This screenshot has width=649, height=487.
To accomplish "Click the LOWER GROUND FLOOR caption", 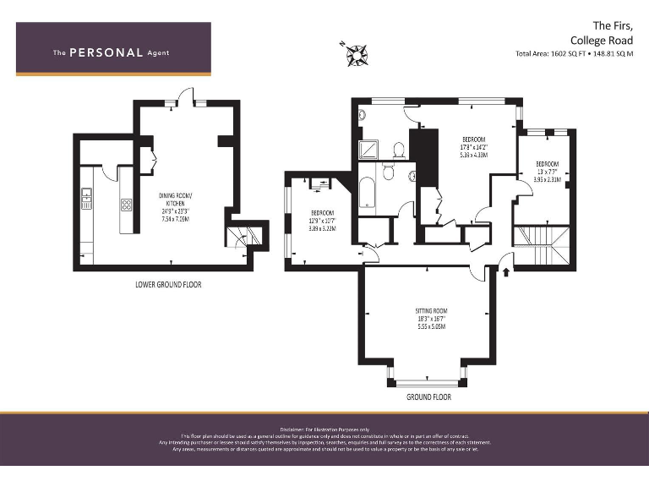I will (168, 284).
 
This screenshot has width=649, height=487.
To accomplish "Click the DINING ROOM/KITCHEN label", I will (176, 200).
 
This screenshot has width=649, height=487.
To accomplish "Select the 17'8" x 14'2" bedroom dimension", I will (473, 146).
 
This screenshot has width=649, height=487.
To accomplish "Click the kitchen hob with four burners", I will (127, 204).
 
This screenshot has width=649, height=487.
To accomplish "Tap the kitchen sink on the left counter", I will (85, 200).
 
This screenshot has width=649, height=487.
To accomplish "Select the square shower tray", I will (368, 150).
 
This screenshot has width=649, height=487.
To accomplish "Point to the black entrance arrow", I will (506, 271).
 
